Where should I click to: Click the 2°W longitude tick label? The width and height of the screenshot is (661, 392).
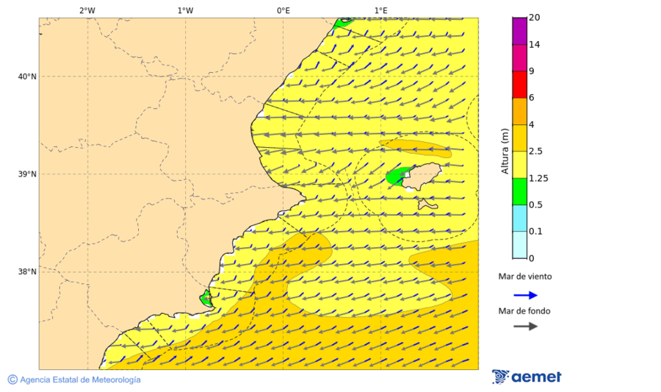coord(87,10)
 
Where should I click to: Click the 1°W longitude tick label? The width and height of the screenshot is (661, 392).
coord(185,10)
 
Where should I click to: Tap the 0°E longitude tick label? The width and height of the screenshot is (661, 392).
coord(283,10)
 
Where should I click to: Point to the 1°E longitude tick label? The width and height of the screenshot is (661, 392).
coord(381,10)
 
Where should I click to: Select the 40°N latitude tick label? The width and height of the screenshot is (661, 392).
coord(27,76)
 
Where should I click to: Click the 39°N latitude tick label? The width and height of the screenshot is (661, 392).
coord(27,174)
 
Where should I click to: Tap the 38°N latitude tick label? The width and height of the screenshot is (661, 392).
coord(27,272)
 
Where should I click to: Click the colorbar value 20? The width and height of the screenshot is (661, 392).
coord(535,18)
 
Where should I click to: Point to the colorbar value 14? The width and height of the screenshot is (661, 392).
coord(535,45)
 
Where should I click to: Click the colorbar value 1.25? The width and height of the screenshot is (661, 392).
coord(539,178)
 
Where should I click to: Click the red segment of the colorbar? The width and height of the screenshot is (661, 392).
coord(519,85)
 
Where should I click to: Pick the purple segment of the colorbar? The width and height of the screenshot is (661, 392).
coord(519,31)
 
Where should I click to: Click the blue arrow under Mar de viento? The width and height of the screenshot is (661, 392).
coord(525,295)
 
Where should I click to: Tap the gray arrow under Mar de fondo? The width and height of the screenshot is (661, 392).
coord(525,326)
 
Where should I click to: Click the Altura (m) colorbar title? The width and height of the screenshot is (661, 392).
coord(505,152)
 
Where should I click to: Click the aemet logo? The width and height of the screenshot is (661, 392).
coord(527,377)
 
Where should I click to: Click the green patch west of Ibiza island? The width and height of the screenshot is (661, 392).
coord(397,177)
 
